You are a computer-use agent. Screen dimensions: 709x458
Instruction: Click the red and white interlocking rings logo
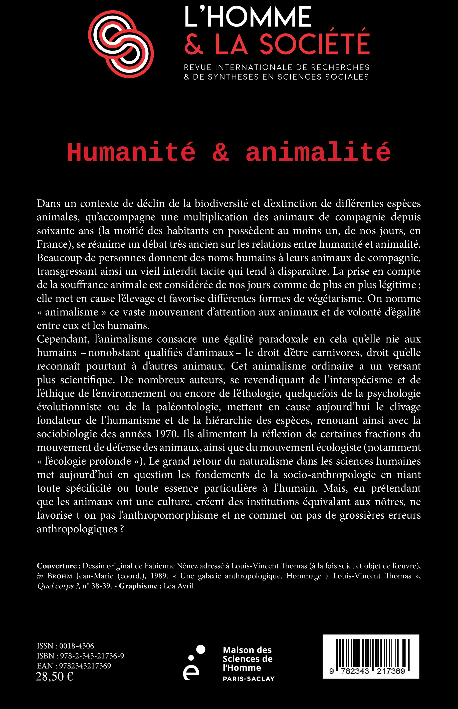[x=121, y=44]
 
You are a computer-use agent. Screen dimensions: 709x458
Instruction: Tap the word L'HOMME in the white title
[x=248, y=17]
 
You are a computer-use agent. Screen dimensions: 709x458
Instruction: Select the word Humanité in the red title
[x=131, y=153]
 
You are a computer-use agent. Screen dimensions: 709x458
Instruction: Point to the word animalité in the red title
[x=318, y=153]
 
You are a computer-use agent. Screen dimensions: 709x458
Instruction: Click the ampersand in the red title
[x=220, y=153]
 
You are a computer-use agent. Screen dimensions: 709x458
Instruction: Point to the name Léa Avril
[x=178, y=586]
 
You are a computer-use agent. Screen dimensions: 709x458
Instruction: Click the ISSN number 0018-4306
[x=76, y=646]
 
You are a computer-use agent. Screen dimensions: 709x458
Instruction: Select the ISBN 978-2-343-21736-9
[x=92, y=656]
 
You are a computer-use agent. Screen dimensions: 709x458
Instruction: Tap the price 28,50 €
[x=54, y=676]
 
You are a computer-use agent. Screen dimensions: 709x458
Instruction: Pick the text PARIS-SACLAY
[x=249, y=679]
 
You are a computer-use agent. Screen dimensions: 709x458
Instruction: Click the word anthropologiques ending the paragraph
[x=77, y=529]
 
